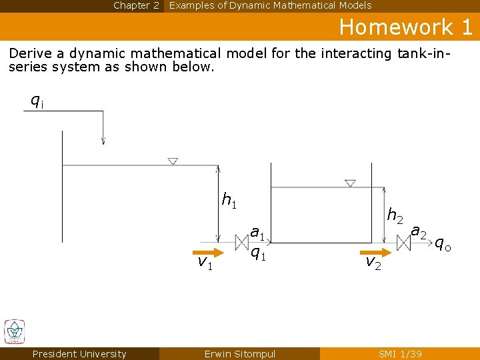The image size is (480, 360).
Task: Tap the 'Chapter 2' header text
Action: click(x=136, y=5)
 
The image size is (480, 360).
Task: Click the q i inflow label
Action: click(x=37, y=101)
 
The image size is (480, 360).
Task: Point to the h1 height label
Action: click(x=229, y=199)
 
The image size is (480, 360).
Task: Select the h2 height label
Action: click(x=395, y=215)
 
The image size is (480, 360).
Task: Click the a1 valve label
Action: click(x=258, y=233)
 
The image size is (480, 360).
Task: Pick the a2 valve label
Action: click(x=419, y=232)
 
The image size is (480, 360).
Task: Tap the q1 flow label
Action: click(x=258, y=253)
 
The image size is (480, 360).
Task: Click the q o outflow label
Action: click(x=443, y=244)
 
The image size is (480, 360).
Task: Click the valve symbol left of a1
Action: click(x=241, y=241)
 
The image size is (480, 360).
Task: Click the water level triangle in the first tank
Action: click(x=173, y=161)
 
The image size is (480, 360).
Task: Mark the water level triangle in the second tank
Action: click(x=350, y=183)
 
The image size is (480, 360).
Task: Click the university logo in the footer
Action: click(x=14, y=331)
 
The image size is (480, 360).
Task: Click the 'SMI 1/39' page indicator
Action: click(x=400, y=354)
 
